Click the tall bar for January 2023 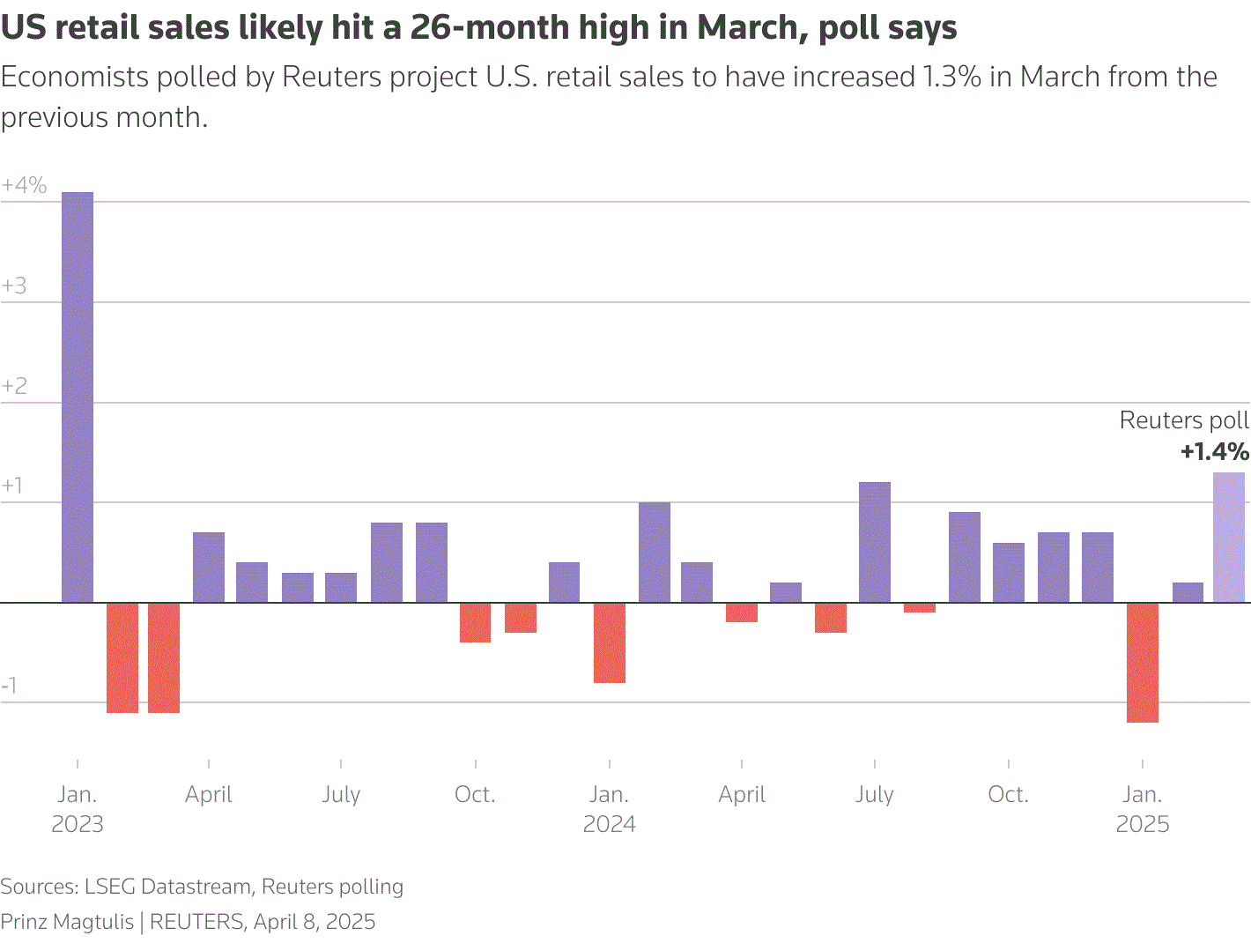[x=78, y=397]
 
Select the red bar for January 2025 [x=1143, y=663]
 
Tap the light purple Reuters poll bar [x=1229, y=538]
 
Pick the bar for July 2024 [x=875, y=542]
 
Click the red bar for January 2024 [x=610, y=642]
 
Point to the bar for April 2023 [x=209, y=568]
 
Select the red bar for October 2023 [x=476, y=622]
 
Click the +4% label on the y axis [x=24, y=186]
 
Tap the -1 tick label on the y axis [x=10, y=687]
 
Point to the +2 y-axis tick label [x=15, y=386]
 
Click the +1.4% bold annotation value [x=1214, y=452]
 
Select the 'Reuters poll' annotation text [x=1183, y=420]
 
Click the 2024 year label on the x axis [x=610, y=824]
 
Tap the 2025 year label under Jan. [x=1143, y=824]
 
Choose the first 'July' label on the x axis [x=341, y=794]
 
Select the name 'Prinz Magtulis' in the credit [x=67, y=922]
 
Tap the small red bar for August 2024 [x=920, y=607]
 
